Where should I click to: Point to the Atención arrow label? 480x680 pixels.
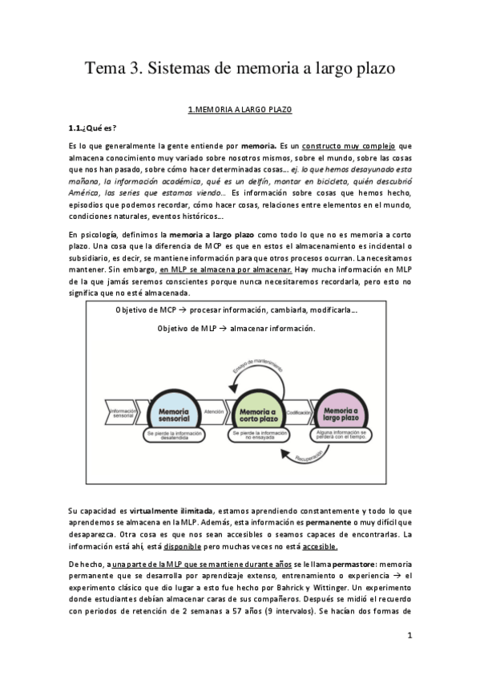(x=214, y=412)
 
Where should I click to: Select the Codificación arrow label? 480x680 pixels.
(x=299, y=412)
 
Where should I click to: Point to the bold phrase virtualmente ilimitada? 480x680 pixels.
(x=167, y=511)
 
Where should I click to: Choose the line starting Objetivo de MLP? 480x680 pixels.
(x=237, y=329)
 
